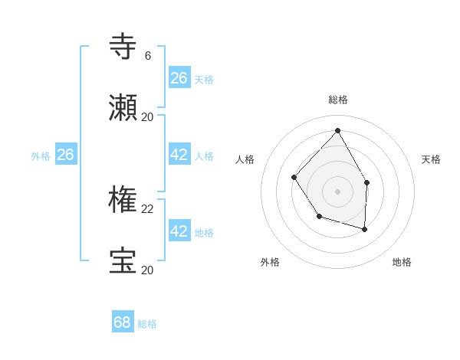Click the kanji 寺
tap(123, 47)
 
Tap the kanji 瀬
tap(123, 107)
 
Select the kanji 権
tap(123, 200)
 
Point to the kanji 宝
tap(123, 260)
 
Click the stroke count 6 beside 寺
tap(148, 56)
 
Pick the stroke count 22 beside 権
tap(148, 209)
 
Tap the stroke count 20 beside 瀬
tap(148, 117)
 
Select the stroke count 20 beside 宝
tap(148, 270)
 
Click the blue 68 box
tap(123, 322)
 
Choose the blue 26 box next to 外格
tap(65, 155)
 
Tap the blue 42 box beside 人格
tap(179, 155)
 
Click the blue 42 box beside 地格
tap(179, 231)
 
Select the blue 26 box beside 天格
tap(179, 78)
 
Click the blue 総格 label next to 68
tap(147, 324)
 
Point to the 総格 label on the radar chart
tap(338, 100)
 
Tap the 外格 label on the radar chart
tap(270, 262)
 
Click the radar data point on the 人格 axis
tap(294, 177)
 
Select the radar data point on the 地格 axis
tap(365, 229)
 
